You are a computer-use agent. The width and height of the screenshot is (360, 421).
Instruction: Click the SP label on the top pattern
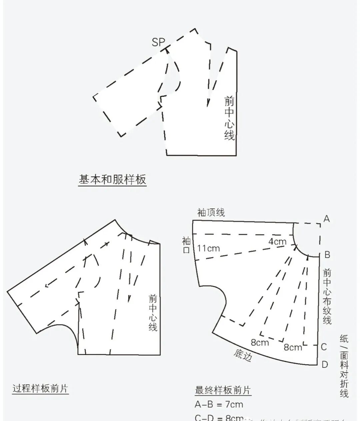158,42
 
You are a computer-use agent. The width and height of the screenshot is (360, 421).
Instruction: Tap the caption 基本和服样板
112,180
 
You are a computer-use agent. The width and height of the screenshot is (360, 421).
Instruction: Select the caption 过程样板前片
40,389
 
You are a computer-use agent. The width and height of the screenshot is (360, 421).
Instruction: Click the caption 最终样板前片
223,390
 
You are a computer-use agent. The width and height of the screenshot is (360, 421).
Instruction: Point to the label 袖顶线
211,213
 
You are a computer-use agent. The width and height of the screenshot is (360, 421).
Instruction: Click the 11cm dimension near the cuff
208,248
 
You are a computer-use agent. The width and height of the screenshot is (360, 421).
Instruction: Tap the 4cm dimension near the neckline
277,241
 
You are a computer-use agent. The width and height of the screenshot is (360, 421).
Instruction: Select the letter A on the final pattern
327,219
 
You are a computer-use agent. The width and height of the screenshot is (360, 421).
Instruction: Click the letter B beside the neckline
327,255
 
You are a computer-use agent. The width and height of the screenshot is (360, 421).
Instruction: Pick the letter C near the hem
324,347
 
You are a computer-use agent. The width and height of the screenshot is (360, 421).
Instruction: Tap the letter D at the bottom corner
325,364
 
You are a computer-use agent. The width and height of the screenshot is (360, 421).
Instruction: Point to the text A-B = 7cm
219,405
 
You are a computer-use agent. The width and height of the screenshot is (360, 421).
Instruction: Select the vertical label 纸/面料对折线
344,366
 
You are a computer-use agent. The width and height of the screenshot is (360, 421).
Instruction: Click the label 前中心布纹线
327,297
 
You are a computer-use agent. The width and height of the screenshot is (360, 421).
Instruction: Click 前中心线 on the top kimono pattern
229,118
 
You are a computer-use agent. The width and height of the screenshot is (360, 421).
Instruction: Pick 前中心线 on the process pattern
153,313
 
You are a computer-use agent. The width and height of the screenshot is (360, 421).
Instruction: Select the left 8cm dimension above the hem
260,342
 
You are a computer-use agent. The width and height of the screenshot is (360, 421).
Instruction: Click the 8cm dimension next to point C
293,347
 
